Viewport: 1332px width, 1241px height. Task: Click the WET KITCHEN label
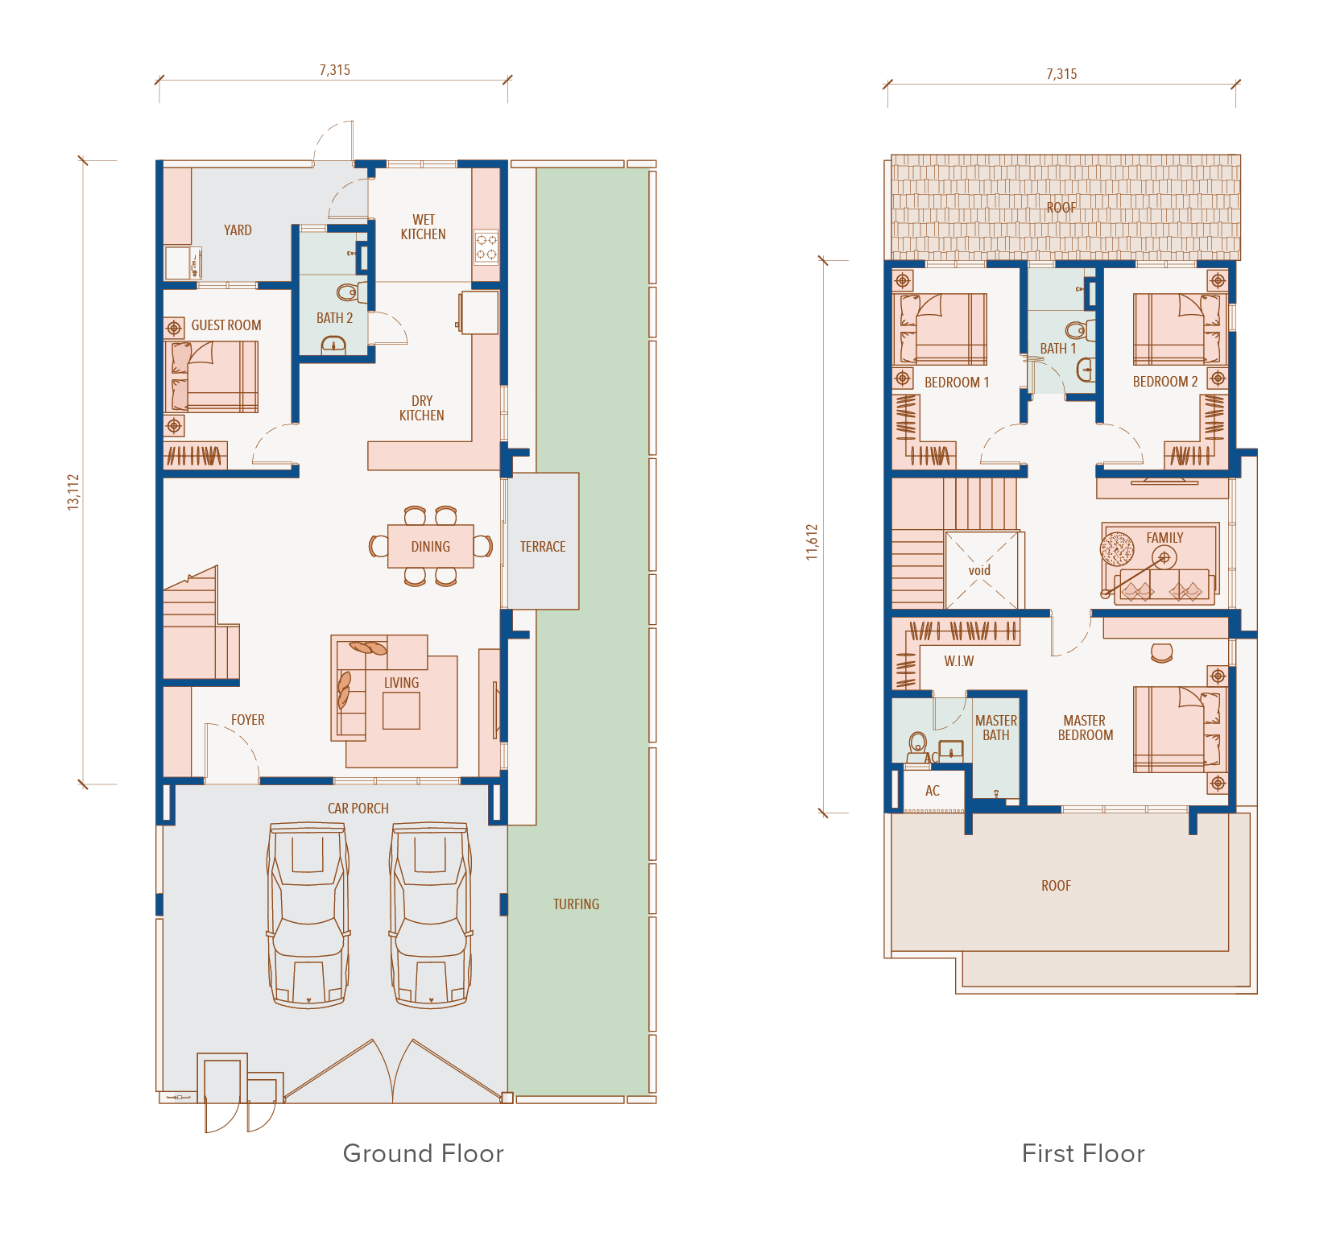pos(423,227)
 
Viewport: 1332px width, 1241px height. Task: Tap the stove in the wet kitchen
pos(486,247)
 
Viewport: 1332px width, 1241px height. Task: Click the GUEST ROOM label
pos(226,325)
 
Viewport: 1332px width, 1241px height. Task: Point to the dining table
pos(431,546)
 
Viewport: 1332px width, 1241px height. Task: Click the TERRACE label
pos(543,547)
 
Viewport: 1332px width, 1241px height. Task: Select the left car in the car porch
pos(309,915)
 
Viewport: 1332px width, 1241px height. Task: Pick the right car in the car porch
pos(431,915)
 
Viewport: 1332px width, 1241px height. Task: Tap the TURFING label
pos(576,904)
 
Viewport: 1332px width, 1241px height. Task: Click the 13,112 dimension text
pos(73,491)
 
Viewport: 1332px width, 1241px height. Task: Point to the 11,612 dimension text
pos(813,542)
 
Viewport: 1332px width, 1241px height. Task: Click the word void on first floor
pos(979,570)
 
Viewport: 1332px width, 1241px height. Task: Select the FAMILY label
pos(1164,537)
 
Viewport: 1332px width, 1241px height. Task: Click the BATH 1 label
pos(1058,349)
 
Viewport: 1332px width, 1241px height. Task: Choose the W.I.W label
pos(959,661)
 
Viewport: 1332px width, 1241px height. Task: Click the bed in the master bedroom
pos(1177,730)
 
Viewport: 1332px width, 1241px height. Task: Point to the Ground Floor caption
pos(424,1153)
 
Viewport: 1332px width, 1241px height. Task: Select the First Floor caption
pos(1083,1153)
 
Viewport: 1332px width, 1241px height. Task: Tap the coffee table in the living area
pos(401,710)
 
